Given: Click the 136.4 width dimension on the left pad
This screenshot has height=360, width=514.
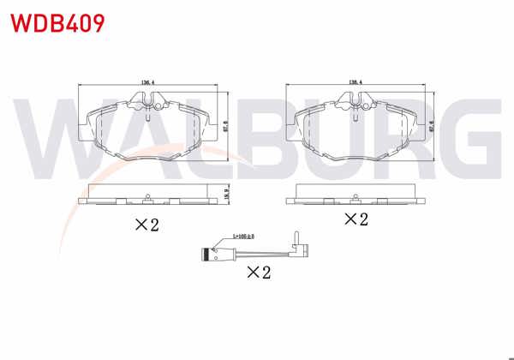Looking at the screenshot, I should coord(146,82).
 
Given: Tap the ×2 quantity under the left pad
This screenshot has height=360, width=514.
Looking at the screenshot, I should coord(147,225).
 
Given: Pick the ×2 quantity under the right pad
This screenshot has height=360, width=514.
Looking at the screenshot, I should coord(356,219).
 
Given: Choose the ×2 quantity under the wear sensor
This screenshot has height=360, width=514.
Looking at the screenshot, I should coord(259,273).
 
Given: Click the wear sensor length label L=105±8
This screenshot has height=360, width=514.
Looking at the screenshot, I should coord(245,237).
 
